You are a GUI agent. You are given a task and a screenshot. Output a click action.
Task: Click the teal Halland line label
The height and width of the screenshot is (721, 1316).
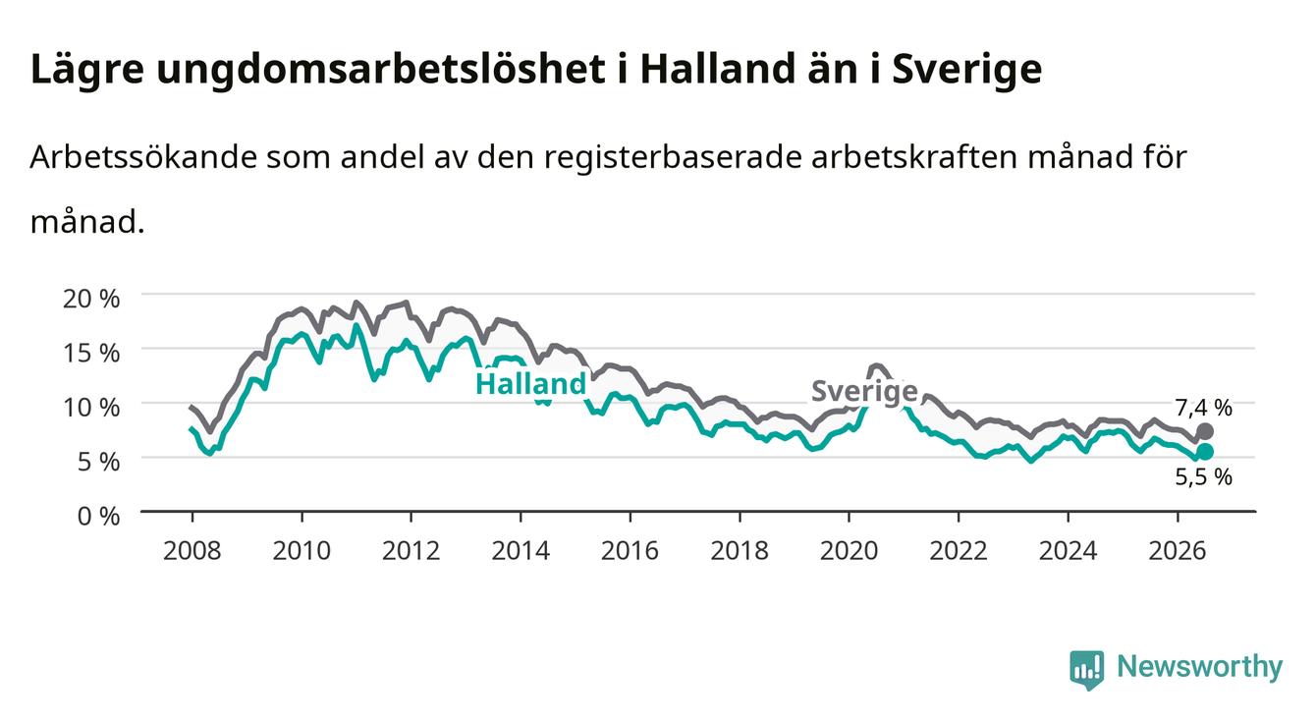530,384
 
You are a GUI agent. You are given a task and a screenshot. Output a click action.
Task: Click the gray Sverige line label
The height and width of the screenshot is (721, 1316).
864,391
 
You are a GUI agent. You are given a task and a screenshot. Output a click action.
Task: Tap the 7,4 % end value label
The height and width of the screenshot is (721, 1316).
1203,408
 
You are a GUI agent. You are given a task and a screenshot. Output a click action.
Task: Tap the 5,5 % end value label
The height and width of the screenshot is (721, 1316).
1203,476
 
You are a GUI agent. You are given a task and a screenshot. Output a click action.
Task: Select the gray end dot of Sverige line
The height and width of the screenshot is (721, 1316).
1204,431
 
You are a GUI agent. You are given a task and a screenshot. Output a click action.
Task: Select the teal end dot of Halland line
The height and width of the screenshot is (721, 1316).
1204,451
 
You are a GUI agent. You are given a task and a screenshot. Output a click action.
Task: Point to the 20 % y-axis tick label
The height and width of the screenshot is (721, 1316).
91,299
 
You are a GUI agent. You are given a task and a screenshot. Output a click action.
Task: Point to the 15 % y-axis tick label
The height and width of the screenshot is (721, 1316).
91,353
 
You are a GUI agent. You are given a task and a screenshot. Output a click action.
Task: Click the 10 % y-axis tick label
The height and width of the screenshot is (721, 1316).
91,408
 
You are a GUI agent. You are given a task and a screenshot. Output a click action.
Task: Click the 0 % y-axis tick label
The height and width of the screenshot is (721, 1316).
98,516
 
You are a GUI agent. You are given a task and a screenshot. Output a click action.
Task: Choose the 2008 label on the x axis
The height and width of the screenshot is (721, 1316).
192,551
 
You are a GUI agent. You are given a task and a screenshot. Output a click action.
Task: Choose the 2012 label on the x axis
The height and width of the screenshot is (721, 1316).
411,551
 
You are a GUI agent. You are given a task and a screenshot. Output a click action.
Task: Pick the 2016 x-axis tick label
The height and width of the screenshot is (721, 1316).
630,551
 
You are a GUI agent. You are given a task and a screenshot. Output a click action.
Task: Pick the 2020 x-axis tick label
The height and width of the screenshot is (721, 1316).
849,551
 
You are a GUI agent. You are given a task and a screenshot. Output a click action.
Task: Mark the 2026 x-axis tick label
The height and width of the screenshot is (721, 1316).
1177,551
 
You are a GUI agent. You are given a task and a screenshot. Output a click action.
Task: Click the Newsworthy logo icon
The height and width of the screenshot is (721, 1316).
1086,669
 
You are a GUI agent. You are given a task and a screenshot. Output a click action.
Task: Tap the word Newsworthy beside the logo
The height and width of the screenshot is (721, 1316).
1199,667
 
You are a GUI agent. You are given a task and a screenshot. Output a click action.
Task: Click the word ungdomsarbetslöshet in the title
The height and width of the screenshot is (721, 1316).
381,71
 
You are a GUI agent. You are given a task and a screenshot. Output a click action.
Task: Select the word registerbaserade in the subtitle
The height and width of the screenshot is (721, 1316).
673,157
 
